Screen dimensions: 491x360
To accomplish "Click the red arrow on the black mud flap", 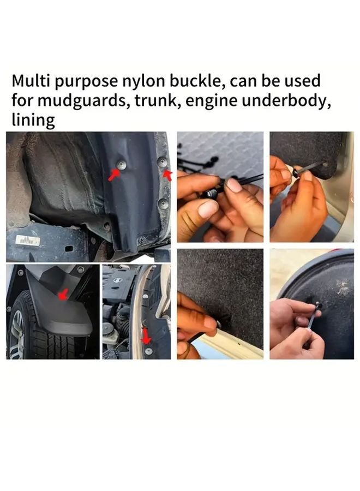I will [x=63, y=295].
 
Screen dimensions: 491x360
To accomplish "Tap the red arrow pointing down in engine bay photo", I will [x=146, y=335].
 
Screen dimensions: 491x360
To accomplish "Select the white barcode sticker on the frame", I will [x=26, y=239].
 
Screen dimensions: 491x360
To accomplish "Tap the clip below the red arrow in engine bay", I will [x=148, y=351].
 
